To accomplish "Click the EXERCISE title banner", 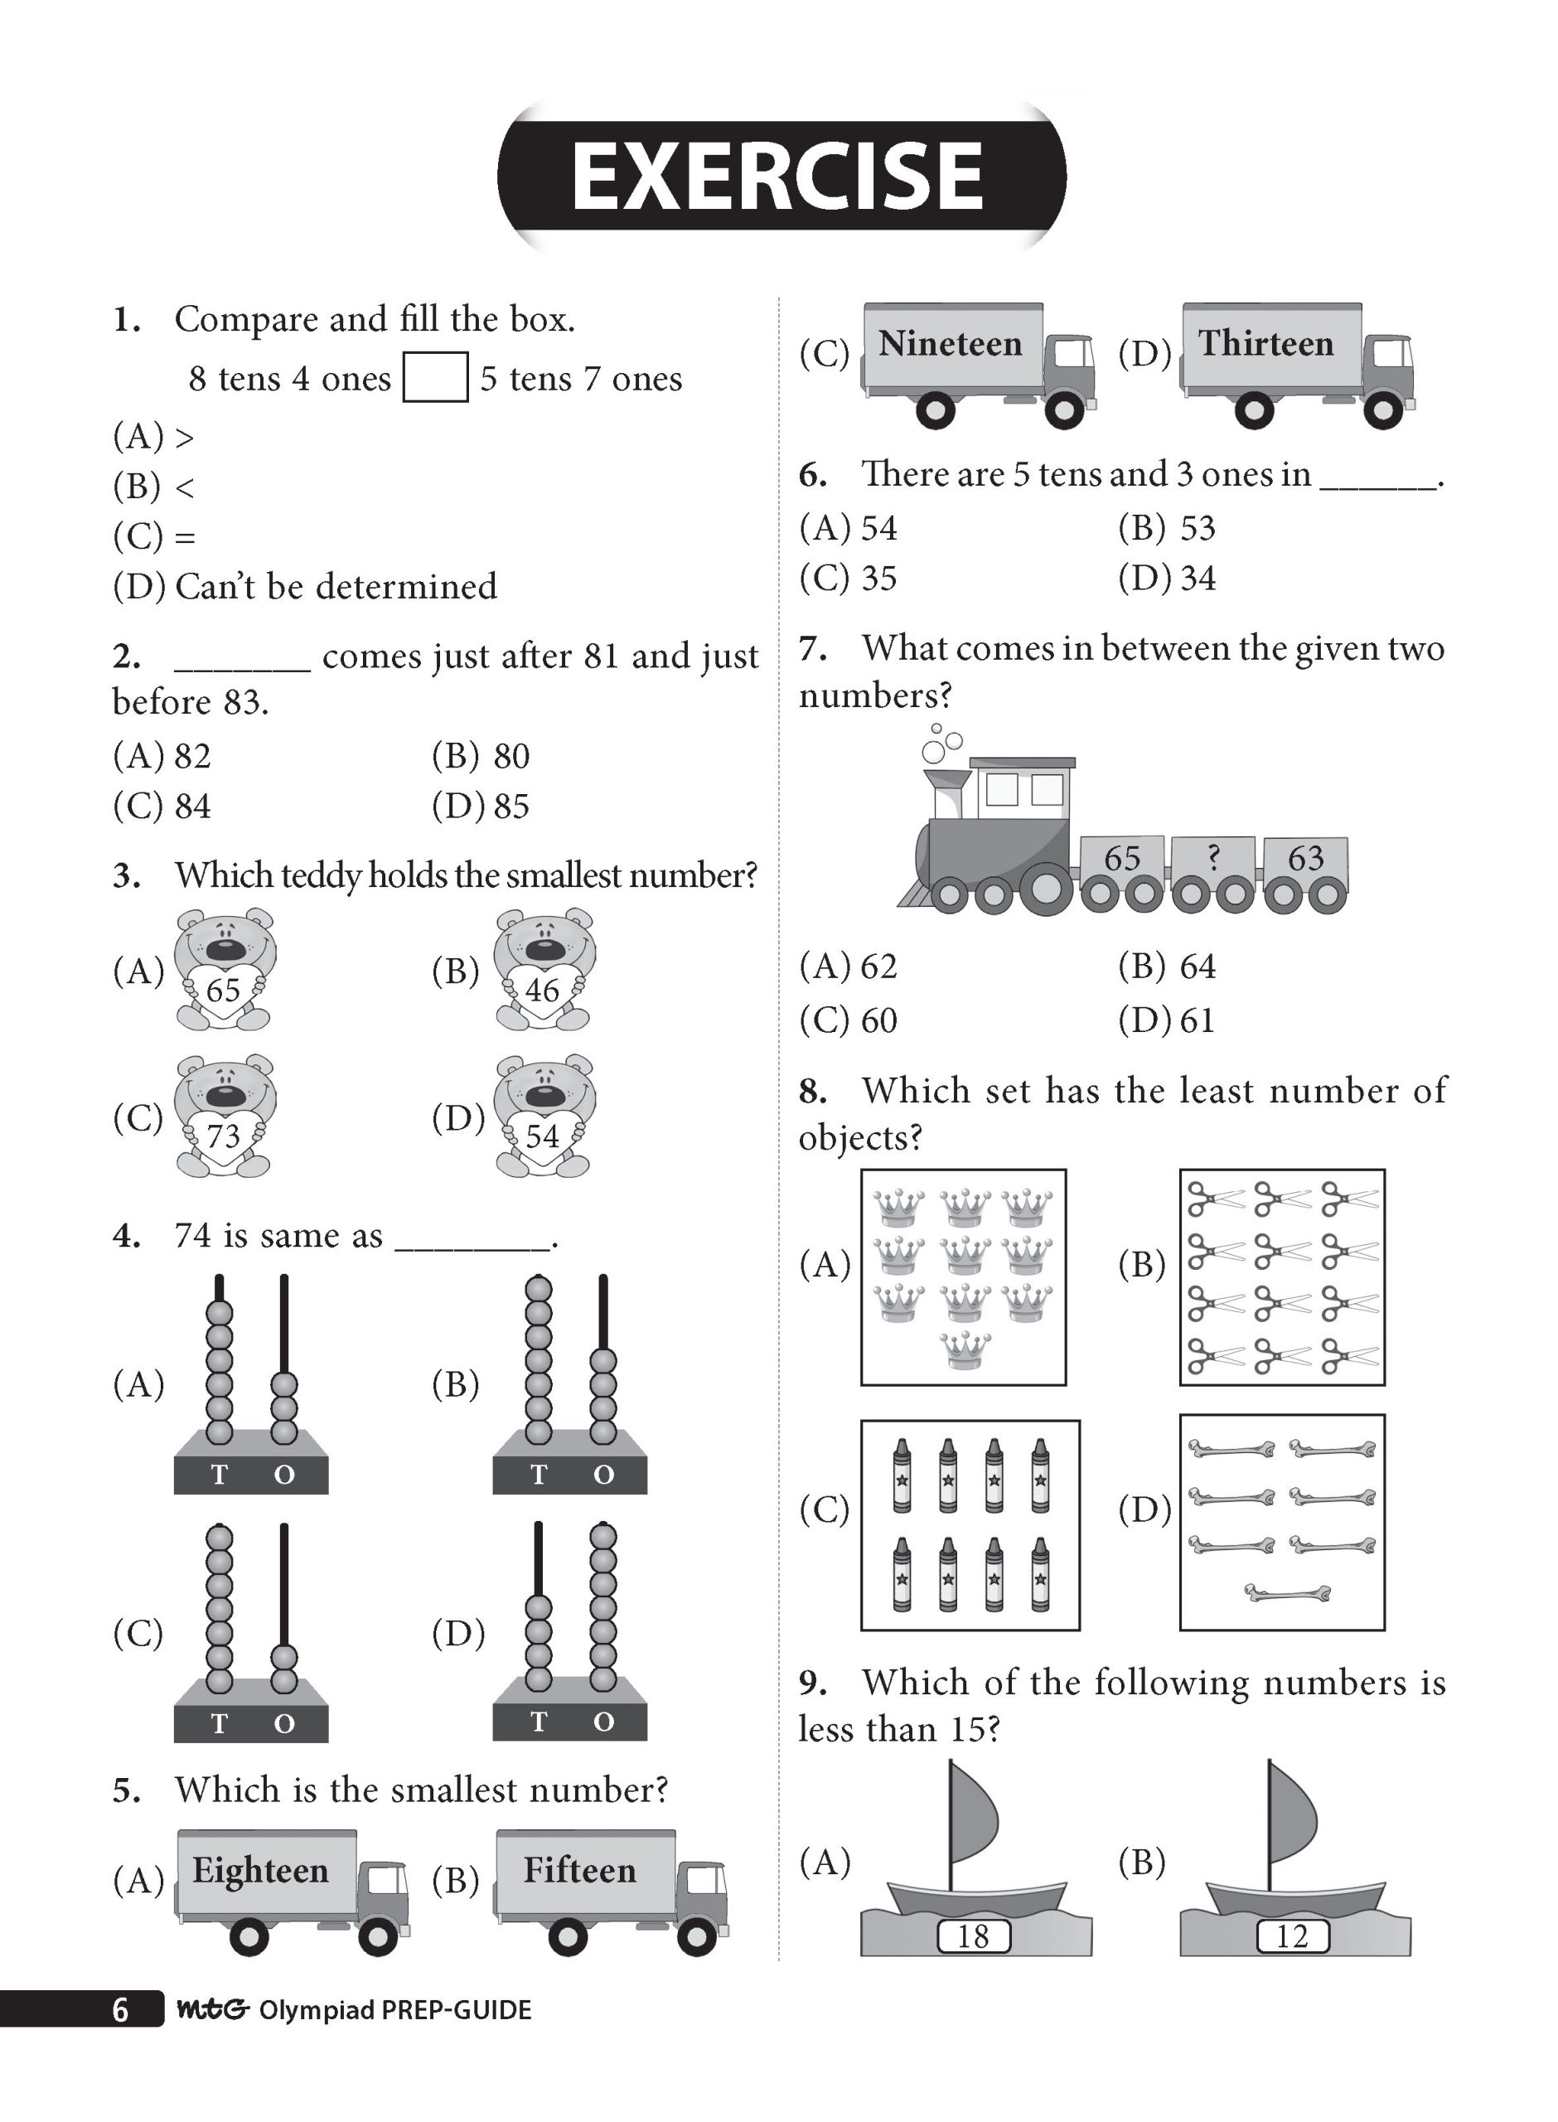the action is tap(781, 177).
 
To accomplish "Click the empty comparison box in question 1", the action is tap(435, 377).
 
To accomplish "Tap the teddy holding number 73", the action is tap(225, 1117).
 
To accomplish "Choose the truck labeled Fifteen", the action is tap(611, 1892).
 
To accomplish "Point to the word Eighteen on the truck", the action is tap(260, 1870).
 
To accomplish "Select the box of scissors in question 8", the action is tap(1282, 1277).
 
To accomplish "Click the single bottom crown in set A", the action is tap(965, 1350).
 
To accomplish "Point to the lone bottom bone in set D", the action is tap(1287, 1593).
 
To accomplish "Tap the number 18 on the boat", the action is tap(972, 1936).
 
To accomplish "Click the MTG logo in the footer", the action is tap(212, 2008).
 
